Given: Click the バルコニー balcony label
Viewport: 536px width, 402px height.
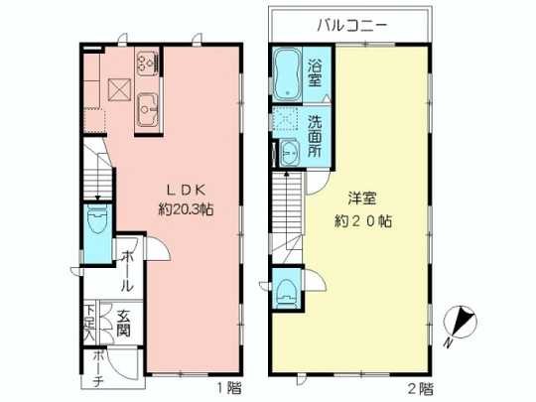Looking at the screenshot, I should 350,25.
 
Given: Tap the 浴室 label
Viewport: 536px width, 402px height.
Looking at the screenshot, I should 315,73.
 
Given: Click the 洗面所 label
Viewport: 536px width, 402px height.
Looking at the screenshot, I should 315,138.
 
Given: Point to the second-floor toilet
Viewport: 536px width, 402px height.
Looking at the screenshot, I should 287,289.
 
